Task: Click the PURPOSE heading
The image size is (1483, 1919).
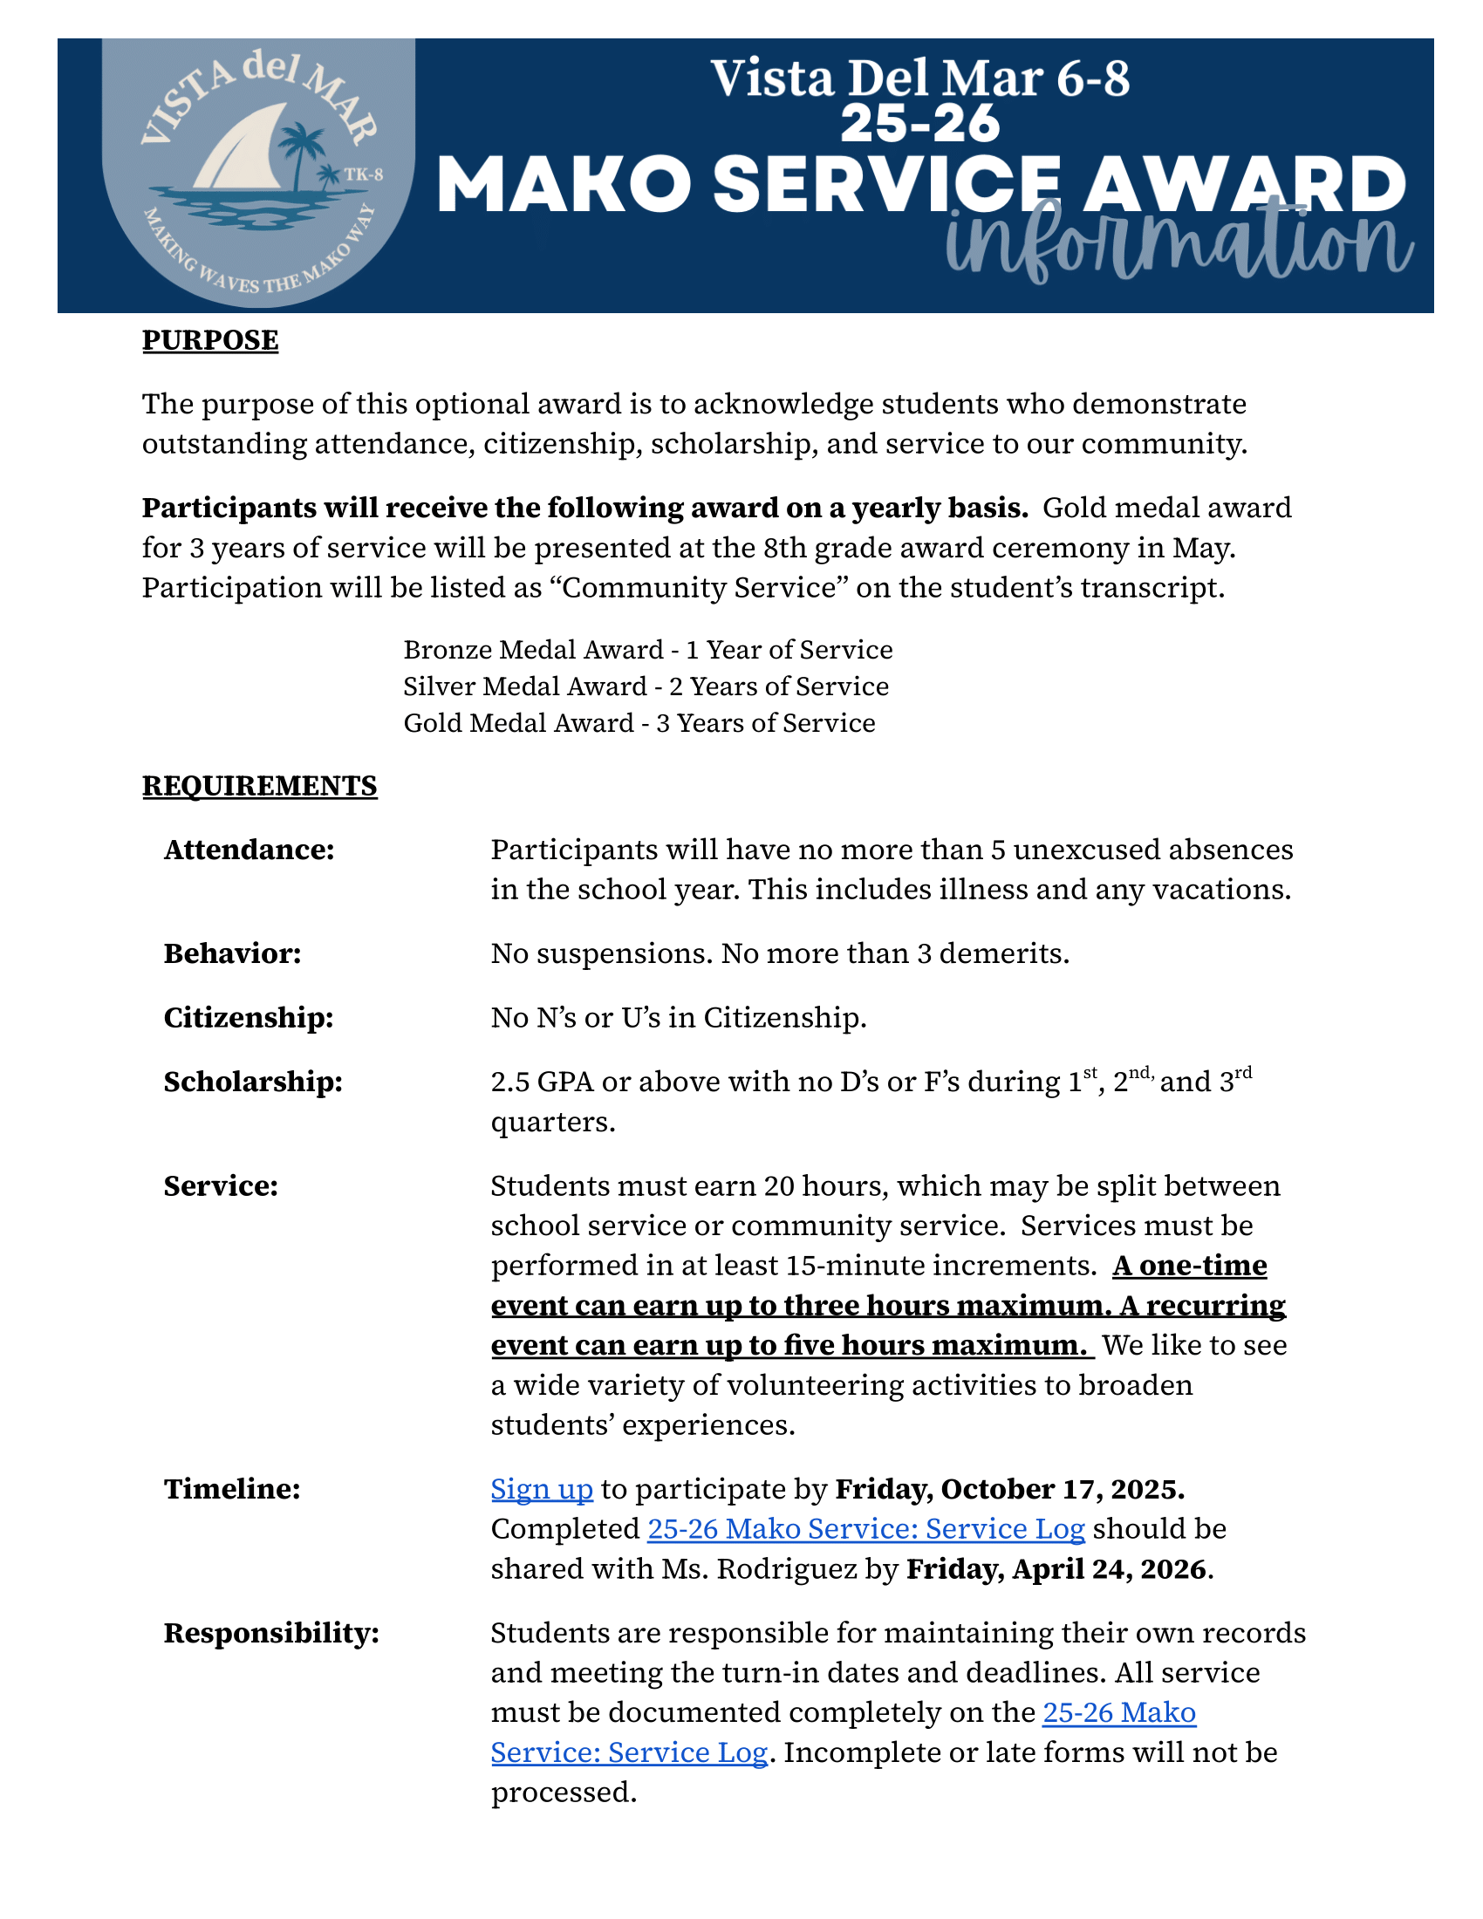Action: [x=210, y=340]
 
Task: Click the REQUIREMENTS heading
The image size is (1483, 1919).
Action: [x=259, y=786]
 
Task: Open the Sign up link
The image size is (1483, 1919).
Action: [x=541, y=1489]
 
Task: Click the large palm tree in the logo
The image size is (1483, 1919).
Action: [x=301, y=149]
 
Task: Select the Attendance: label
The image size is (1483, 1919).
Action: [x=249, y=850]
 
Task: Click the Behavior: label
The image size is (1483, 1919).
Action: [x=233, y=953]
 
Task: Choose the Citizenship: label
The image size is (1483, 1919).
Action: [x=249, y=1017]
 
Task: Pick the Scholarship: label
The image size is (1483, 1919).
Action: [x=253, y=1082]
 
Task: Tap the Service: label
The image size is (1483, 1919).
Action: [x=222, y=1186]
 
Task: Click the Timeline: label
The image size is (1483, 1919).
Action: [x=232, y=1489]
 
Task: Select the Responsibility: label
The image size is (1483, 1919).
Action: [x=271, y=1634]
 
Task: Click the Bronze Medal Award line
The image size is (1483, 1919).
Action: [x=647, y=650]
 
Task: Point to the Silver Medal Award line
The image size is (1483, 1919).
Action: [x=646, y=686]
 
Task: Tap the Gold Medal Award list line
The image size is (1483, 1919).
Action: [x=639, y=723]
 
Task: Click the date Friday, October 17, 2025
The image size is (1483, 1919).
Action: [x=1009, y=1489]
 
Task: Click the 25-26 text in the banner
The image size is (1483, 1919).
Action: [x=919, y=124]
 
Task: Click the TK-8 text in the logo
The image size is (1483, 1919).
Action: [x=364, y=174]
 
